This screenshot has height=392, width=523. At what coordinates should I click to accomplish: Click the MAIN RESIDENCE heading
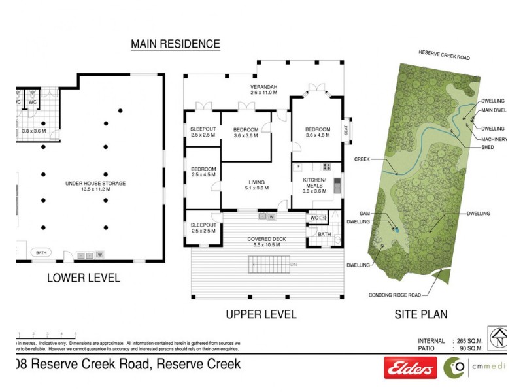coord(175,44)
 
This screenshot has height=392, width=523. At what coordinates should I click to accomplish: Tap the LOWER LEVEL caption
coord(83,278)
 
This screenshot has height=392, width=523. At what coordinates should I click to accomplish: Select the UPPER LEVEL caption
coord(261,314)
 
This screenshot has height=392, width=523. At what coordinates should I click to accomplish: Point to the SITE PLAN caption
coord(420,314)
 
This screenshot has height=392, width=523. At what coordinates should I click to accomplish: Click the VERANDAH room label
coord(264,90)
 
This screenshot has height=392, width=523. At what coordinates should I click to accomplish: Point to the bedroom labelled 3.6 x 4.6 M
coord(318,132)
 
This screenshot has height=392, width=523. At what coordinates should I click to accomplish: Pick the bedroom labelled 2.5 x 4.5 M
coord(203,172)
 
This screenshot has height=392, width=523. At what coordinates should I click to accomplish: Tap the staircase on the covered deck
coord(269,264)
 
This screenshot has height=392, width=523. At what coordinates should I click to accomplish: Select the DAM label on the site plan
coord(365,213)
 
